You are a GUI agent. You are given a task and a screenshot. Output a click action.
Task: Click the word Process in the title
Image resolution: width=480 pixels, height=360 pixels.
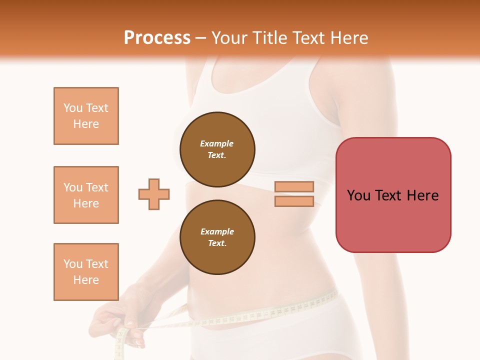point(157,37)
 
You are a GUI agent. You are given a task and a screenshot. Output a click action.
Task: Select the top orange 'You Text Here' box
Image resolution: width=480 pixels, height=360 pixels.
point(86,116)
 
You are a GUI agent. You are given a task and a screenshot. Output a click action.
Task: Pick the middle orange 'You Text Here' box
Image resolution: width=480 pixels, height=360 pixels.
point(86,195)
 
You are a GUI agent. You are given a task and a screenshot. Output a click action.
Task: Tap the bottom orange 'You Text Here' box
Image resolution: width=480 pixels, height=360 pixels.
point(86,272)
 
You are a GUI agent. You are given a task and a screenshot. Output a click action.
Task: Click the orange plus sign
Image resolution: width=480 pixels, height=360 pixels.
point(154,194)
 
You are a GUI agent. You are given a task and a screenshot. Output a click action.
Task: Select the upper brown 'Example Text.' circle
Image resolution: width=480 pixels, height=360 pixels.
point(217,149)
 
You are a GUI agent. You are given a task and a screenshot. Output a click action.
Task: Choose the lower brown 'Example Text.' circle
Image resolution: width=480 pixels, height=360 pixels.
point(217,237)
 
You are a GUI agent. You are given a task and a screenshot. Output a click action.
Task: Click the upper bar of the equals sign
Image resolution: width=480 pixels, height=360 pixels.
point(294,186)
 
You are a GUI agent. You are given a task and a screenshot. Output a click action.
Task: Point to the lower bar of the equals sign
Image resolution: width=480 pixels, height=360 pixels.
point(294,201)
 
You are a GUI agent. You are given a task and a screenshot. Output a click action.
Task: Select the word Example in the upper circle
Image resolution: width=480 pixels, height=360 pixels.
point(217,143)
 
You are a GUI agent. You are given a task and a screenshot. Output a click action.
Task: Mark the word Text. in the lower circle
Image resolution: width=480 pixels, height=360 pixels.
point(217,243)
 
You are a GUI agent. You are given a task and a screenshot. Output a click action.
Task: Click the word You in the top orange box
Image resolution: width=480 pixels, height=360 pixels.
point(72,108)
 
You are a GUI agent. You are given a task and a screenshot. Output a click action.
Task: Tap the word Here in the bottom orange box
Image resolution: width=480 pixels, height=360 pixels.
point(86,280)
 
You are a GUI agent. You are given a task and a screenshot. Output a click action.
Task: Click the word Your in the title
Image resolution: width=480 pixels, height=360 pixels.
point(229,37)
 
